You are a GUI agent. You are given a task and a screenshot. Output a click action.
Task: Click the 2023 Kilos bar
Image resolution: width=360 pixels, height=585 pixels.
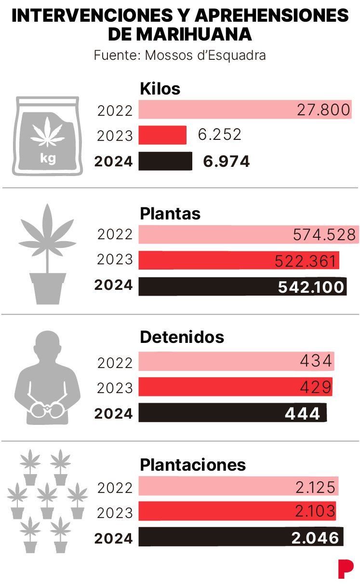162,135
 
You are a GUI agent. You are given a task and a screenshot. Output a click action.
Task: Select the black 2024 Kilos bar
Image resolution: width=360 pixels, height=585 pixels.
165,161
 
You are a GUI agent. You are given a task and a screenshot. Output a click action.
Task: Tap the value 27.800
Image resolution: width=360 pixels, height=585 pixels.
323,110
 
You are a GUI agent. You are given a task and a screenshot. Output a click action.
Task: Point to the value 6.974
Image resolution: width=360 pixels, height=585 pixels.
227,162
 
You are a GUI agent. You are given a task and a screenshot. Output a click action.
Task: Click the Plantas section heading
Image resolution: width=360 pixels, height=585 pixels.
170,213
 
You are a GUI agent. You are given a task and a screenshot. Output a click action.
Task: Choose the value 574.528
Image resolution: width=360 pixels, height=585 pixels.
324,235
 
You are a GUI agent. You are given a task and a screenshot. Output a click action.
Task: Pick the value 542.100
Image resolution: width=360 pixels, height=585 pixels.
311,287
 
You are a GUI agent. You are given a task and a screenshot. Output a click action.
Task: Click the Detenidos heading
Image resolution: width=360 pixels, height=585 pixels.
182,337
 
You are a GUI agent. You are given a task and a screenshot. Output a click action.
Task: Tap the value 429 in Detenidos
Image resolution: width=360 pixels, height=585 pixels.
316,387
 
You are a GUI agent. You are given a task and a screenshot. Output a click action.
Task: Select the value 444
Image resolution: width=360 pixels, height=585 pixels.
302,413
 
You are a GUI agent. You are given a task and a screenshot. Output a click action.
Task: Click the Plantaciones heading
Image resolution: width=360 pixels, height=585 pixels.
193,465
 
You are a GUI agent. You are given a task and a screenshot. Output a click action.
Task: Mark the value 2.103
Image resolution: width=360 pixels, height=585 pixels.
315,512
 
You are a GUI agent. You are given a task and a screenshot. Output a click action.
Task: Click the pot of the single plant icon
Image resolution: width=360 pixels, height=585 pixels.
47,288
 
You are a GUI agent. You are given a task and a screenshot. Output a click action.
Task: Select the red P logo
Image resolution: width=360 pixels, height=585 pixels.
345,569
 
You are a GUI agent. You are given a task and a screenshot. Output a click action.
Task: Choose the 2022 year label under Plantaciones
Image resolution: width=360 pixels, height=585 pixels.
115,488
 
